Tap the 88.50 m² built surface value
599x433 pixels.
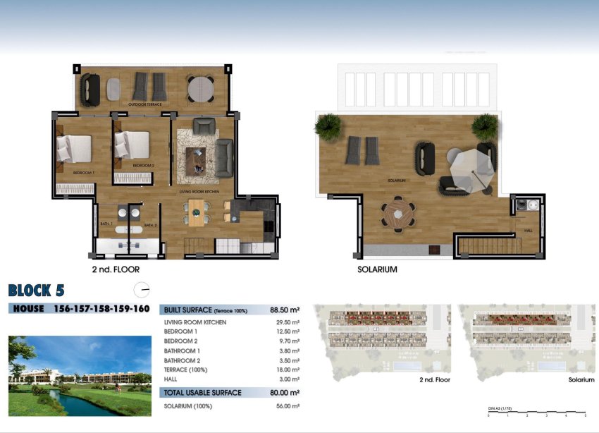point(285,310)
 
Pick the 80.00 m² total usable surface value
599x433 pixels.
point(285,393)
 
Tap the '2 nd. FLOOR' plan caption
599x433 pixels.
point(116,269)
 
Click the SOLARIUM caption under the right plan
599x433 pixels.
point(377,269)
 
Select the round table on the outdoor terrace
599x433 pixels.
point(200,88)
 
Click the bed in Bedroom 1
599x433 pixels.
point(74,148)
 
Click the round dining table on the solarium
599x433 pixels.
point(398,213)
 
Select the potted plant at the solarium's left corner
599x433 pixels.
point(328,127)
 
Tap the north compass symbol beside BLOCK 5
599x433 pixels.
point(142,289)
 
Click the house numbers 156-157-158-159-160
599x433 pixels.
point(101,309)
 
